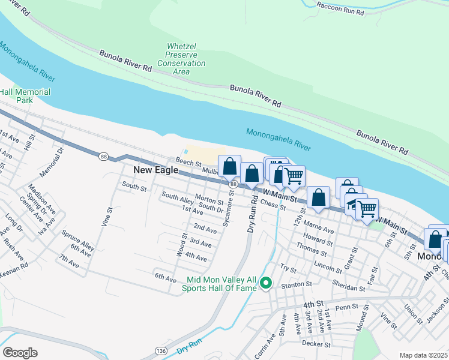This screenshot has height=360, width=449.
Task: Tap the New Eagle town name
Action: pyautogui.click(x=155, y=170)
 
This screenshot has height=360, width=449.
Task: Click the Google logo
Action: pyautogui.click(x=20, y=352)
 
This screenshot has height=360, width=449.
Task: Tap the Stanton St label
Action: pyautogui.click(x=301, y=284)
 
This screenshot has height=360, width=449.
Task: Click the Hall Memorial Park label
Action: pyautogui.click(x=25, y=97)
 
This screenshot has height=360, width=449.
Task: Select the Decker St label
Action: pyautogui.click(x=316, y=344)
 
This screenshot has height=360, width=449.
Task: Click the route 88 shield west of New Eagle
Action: pyautogui.click(x=104, y=157)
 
